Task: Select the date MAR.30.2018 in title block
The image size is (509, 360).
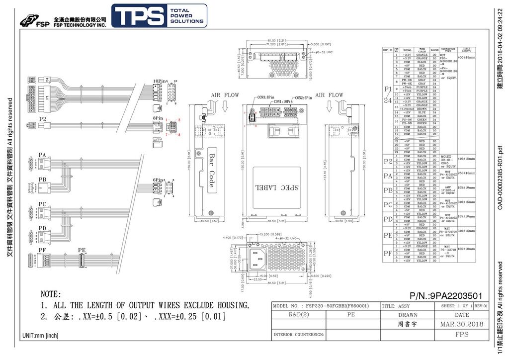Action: coord(461,325)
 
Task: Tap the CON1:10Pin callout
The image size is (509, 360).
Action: coord(284,101)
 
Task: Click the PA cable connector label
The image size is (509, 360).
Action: coord(42,156)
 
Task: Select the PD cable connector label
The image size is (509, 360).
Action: coord(42,228)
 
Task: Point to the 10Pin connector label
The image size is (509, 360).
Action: coord(159,81)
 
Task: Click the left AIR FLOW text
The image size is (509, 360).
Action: coord(225,95)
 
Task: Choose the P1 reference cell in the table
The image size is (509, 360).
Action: coord(388,90)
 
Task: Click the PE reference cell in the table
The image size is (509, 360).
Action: coord(388,235)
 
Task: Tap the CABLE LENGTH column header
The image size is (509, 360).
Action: coord(467,50)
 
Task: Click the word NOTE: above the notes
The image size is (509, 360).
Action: coord(50,294)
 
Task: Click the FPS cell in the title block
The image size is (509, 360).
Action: coord(461,335)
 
